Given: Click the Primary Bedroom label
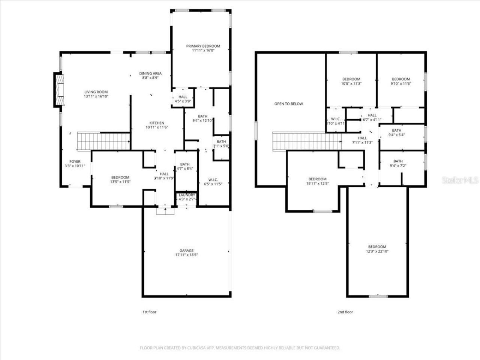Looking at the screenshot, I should pos(203,46).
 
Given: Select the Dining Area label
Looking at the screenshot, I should pos(150,73).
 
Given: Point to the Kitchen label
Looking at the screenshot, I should pos(157,123).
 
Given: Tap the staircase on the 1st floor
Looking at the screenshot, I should pos(103,141).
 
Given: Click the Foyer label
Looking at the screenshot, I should pos(75,162).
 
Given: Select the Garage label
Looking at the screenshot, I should pos(186,250).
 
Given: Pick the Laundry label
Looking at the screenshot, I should pos(187,195).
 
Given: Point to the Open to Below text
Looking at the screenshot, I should pos(288,104).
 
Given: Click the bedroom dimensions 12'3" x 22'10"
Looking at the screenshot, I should pos(377,251).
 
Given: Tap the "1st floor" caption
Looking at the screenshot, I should pos(149,312).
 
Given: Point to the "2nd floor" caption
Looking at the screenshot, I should pos(346,312).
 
